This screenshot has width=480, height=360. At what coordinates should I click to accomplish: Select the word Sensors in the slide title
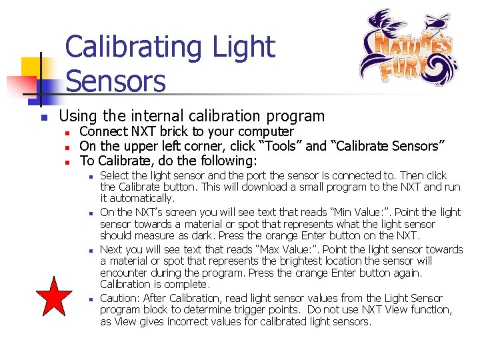tap(115, 81)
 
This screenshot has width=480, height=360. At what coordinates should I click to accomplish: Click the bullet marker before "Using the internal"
tap(43, 118)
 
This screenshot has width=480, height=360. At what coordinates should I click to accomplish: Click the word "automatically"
tap(142, 199)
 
